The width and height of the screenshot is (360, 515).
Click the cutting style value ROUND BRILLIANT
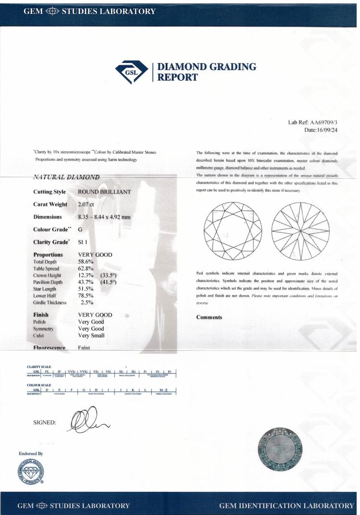104,192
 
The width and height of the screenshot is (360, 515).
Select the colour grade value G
80,230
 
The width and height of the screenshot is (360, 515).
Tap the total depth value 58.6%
85,262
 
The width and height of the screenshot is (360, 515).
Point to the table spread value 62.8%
85,269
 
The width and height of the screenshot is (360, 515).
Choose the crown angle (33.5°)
109,275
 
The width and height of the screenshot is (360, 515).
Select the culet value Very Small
91,335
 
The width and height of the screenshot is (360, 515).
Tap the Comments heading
209,317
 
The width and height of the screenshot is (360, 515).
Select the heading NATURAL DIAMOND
66,177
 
